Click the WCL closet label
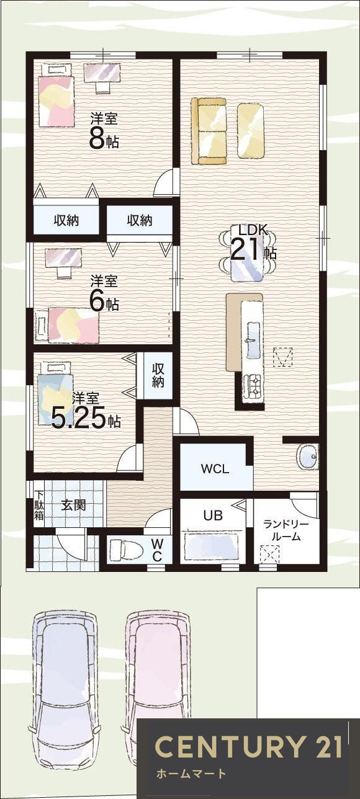tap(215, 468)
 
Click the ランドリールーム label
tap(286, 530)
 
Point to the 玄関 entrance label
tap(73, 505)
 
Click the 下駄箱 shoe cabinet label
tap(38, 506)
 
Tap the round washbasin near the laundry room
tap(307, 457)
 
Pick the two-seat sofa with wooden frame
tap(209, 131)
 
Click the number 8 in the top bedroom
tap(96, 140)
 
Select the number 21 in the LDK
tap(247, 249)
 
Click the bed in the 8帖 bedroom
tap(56, 95)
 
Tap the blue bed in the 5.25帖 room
tap(55, 393)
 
